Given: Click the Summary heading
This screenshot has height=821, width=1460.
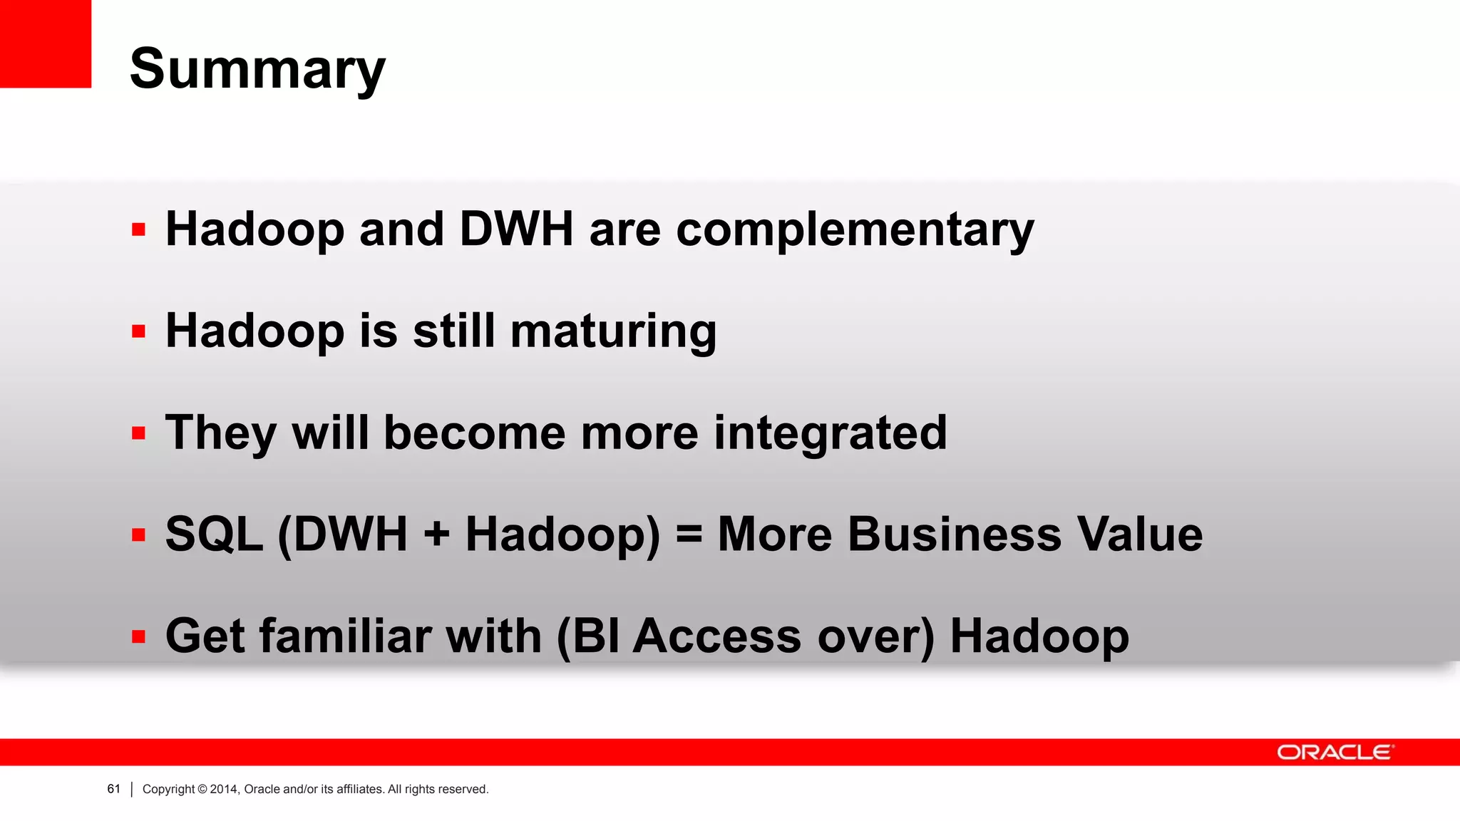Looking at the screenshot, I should [x=257, y=70].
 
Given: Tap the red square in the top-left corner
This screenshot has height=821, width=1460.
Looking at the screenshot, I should [x=46, y=43].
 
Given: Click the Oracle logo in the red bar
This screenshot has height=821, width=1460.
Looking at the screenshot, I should [x=1335, y=753].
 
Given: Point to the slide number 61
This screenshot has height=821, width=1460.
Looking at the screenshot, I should [x=113, y=789].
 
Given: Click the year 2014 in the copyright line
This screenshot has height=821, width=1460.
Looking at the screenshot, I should [x=224, y=789].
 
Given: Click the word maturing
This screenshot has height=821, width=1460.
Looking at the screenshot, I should [x=613, y=331].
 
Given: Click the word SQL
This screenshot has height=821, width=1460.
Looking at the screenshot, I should [x=214, y=535].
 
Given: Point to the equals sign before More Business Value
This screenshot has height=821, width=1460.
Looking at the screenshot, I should [x=689, y=535].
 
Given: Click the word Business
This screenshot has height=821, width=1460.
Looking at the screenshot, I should [x=954, y=535].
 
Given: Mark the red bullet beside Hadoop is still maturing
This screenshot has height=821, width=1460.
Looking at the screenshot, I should [x=138, y=331].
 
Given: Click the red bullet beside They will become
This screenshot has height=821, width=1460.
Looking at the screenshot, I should [x=138, y=433].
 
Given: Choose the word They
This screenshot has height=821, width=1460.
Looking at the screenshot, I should [x=220, y=433].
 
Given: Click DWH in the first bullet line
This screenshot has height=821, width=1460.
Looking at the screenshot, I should [x=516, y=229].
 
